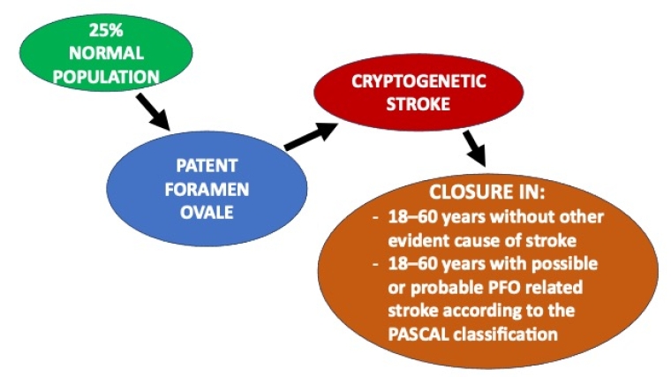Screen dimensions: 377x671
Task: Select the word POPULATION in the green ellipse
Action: (106, 77)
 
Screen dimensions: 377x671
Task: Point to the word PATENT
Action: (206, 165)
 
